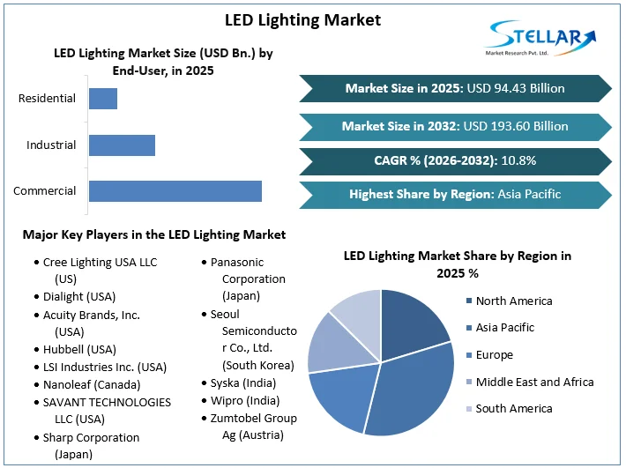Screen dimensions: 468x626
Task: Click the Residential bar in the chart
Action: pos(103,99)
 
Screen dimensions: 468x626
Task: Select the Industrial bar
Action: pos(122,145)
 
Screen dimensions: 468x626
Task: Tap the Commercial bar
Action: pos(175,190)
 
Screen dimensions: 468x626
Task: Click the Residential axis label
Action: pos(47,99)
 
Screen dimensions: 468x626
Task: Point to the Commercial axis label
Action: pos(44,190)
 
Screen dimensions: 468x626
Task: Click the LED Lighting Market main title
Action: pos(302,19)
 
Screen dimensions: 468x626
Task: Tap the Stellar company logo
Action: pos(540,39)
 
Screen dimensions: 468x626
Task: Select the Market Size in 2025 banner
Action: pos(455,88)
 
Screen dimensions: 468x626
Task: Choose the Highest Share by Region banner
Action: pos(455,195)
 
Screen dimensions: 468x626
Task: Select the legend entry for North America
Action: pos(514,301)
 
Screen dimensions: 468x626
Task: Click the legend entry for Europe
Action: pos(494,354)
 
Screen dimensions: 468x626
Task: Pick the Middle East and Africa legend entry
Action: pos(534,382)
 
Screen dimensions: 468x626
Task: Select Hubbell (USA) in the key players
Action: pos(79,349)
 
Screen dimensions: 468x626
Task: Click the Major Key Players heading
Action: pos(154,234)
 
